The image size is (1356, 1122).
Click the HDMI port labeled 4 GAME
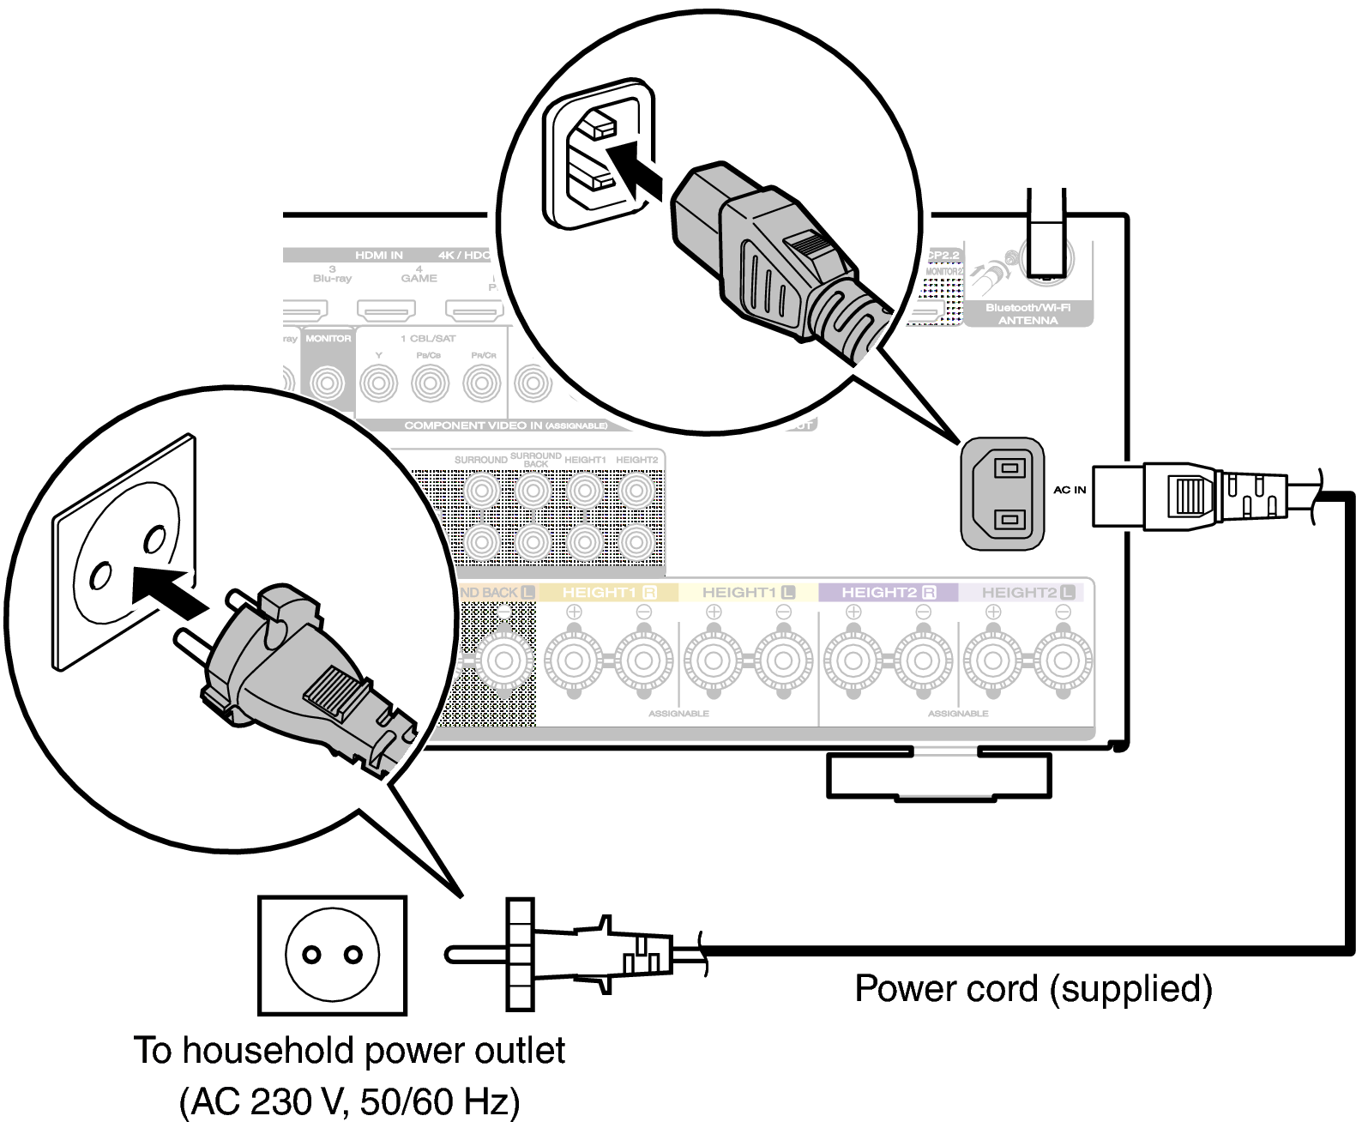[x=386, y=308]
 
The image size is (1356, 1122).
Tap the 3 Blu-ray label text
[x=332, y=274]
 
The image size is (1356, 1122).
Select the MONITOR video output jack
[x=328, y=383]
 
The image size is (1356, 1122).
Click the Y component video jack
[x=378, y=383]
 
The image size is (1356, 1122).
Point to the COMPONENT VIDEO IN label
[x=505, y=425]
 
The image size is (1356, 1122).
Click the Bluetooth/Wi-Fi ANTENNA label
[x=1028, y=313]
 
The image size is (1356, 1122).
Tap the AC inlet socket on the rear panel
[x=1003, y=494]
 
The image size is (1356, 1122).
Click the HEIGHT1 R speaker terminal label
[x=609, y=592]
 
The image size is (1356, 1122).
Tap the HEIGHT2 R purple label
[x=888, y=592]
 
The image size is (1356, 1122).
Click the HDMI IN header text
[x=378, y=255]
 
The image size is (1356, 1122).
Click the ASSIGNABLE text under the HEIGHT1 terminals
[x=678, y=713]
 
